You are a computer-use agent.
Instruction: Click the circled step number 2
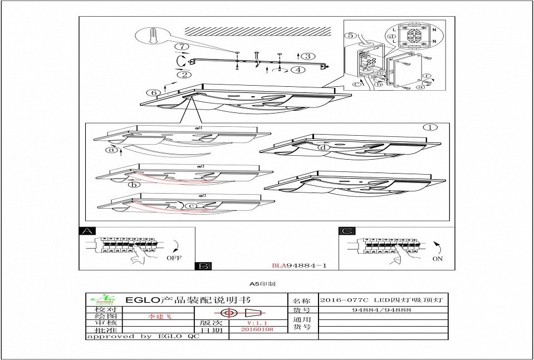[184, 74]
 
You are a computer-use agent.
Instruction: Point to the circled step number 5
[350, 36]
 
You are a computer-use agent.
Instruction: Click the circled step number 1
[430, 127]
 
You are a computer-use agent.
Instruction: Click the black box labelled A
[87, 231]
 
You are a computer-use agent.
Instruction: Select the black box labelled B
[203, 266]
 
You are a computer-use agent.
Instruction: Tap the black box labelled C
[346, 231]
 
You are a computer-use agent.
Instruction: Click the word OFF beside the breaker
[174, 258]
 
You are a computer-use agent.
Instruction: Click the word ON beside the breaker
[438, 259]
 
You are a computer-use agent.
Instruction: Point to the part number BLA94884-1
[299, 266]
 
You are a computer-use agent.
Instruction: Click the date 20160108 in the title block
[257, 329]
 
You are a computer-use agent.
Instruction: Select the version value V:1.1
[257, 322]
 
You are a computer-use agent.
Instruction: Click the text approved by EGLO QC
[143, 337]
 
